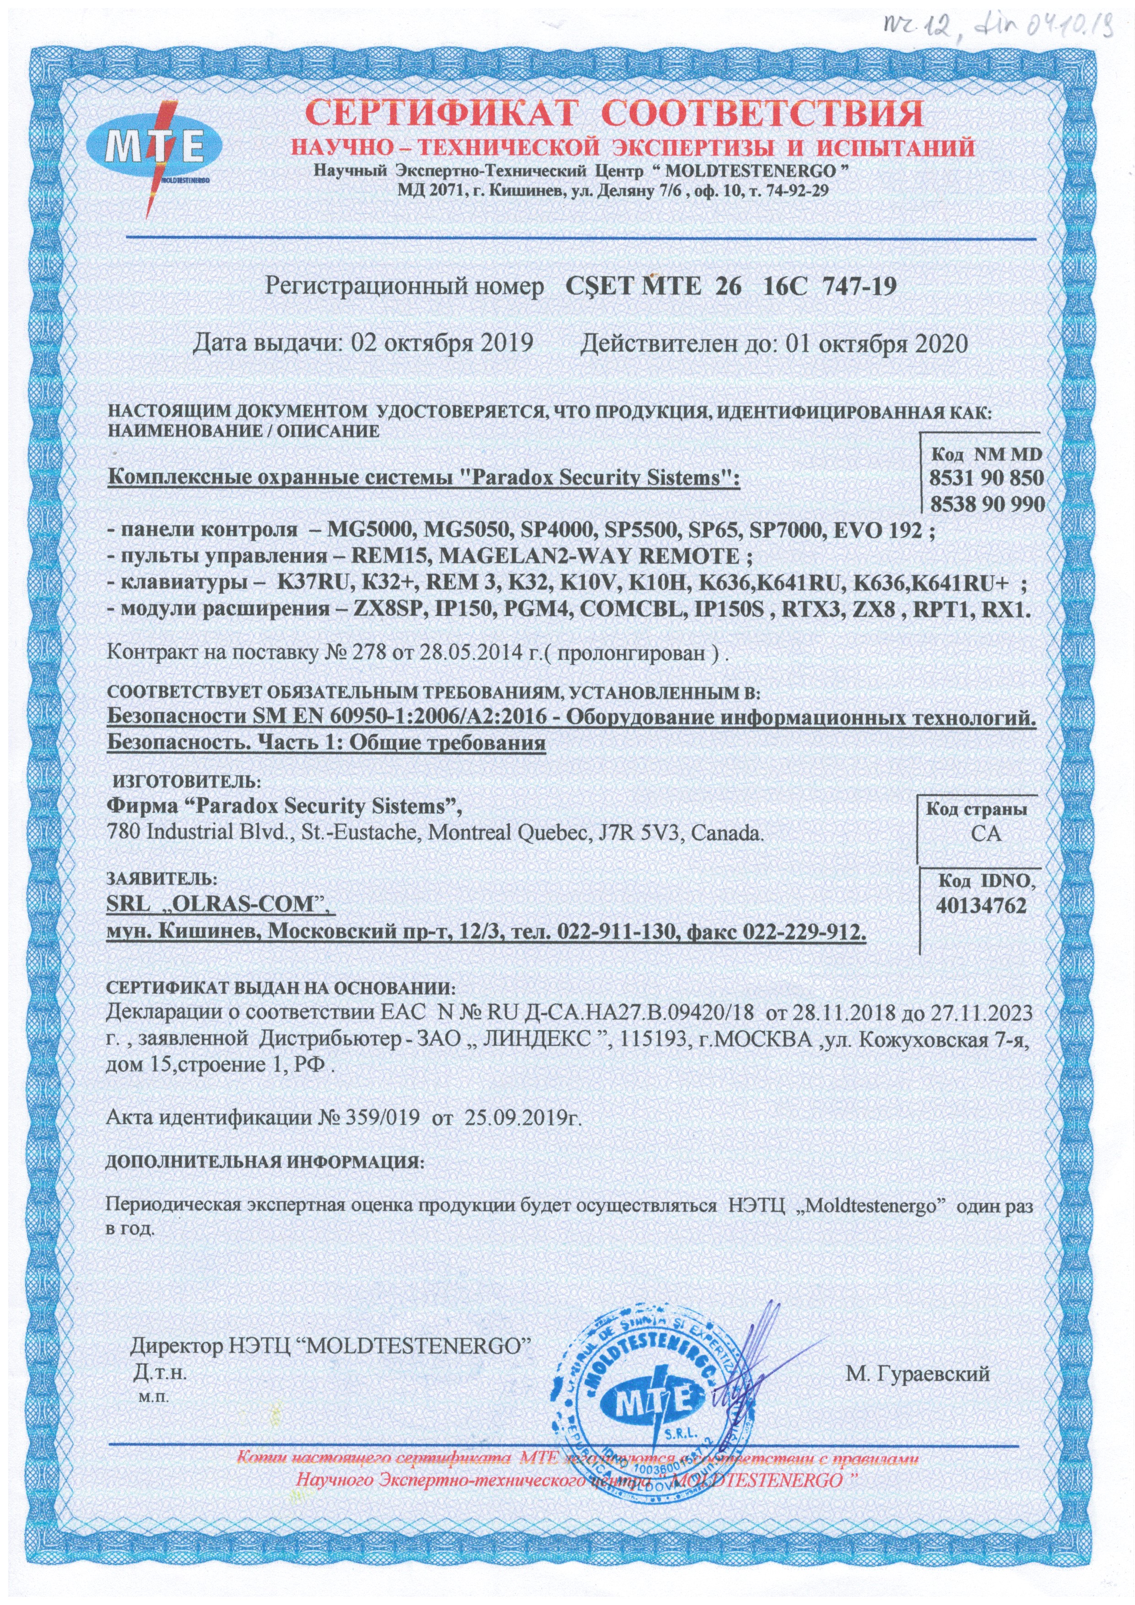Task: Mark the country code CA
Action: pos(976,834)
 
